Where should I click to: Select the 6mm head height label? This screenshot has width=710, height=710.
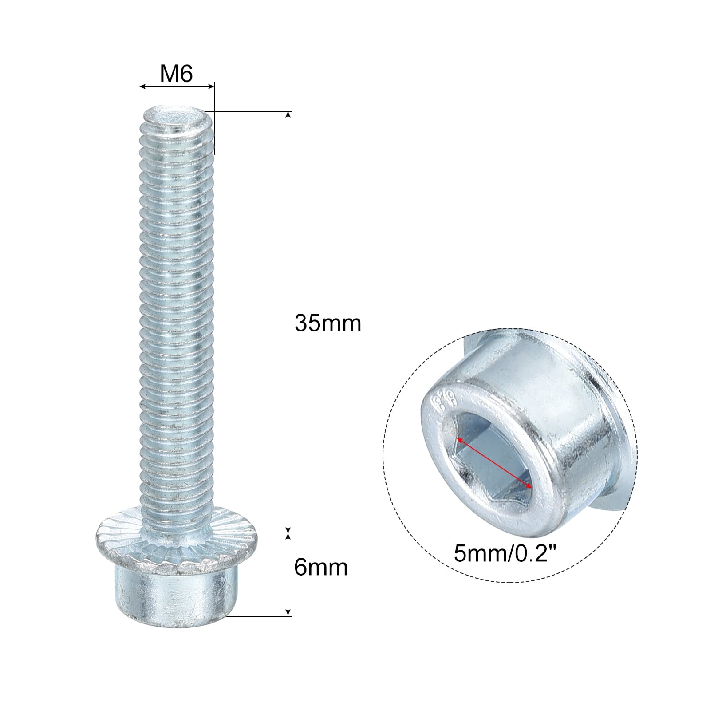click(x=321, y=567)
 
